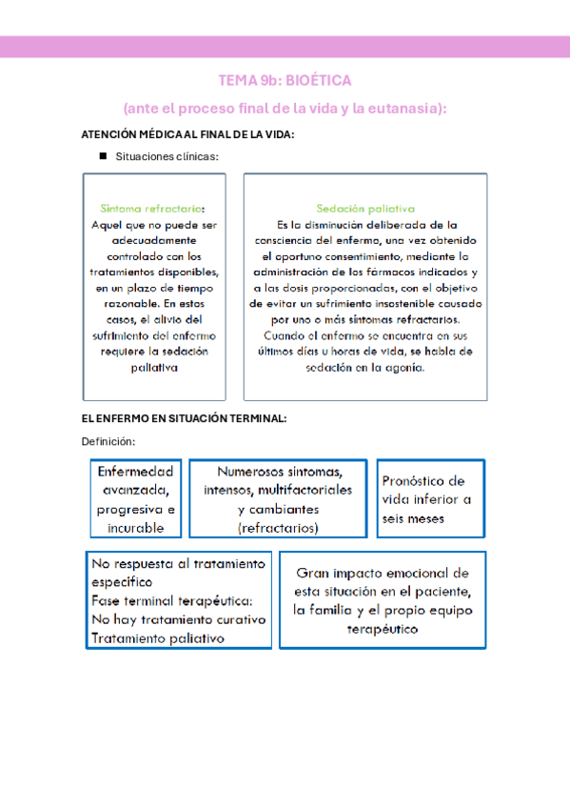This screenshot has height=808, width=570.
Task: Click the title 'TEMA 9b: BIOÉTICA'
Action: point(285,81)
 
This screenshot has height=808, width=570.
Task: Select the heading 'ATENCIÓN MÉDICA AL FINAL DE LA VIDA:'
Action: point(188,134)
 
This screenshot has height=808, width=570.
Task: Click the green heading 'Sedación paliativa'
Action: point(365,209)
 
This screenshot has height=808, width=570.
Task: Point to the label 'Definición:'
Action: point(108,441)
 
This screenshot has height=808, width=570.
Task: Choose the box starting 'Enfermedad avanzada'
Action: point(135,499)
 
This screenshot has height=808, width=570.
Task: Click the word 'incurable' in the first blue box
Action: point(135,527)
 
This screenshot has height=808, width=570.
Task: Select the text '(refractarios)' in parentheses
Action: point(278,527)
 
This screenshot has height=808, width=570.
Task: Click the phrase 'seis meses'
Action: point(412,518)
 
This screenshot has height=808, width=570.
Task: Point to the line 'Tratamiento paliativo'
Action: point(157,638)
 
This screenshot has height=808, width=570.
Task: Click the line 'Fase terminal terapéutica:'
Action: point(172,600)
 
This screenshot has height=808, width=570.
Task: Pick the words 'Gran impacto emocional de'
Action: point(382,574)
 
